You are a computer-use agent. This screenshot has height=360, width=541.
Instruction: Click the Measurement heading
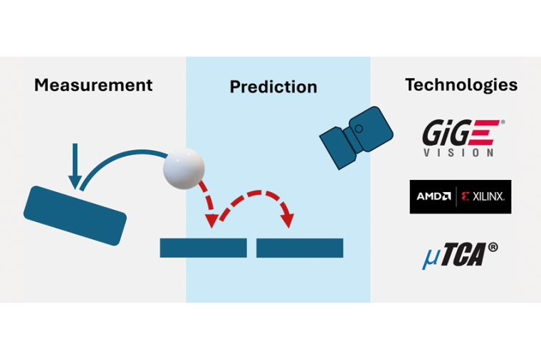pos(93,85)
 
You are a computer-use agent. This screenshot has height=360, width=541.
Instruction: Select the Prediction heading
pos(273,88)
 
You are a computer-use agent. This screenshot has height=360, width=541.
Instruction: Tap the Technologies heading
pos(461,85)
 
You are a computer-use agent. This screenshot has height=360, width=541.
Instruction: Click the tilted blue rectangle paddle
pos(75,215)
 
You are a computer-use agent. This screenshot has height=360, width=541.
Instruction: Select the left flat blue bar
pos(203,248)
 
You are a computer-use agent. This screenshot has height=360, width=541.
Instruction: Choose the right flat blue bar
pos(300,248)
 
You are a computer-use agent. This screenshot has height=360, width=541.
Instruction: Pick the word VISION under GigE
pos(460,152)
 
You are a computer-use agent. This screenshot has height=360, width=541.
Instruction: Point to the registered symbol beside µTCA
pos(493,247)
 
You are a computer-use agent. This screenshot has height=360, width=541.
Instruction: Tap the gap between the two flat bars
pos(251,248)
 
